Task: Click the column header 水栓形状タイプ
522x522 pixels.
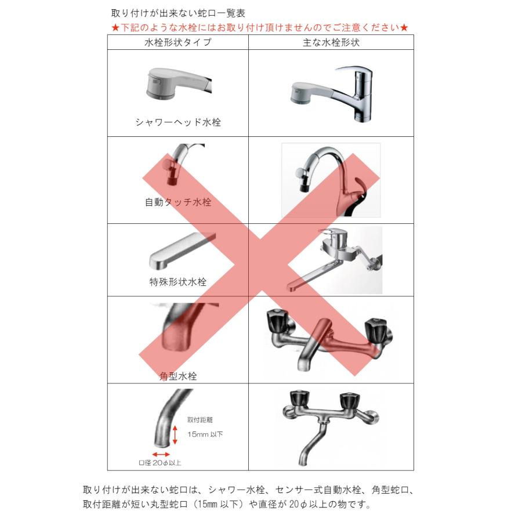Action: pyautogui.click(x=177, y=42)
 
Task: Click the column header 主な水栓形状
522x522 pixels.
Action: pyautogui.click(x=331, y=42)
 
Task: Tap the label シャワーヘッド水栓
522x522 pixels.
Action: pyautogui.click(x=178, y=122)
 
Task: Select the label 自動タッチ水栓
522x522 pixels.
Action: pyautogui.click(x=178, y=202)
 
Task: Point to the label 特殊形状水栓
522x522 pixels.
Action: pyautogui.click(x=178, y=282)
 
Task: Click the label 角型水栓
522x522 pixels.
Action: pyautogui.click(x=178, y=376)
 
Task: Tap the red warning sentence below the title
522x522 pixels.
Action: pyautogui.click(x=260, y=27)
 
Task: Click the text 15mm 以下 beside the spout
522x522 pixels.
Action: pyautogui.click(x=205, y=434)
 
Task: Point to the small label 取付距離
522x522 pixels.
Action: pyautogui.click(x=197, y=419)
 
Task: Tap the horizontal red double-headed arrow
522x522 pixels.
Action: pyautogui.click(x=161, y=454)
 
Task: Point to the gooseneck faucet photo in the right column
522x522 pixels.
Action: pyautogui.click(x=331, y=180)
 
